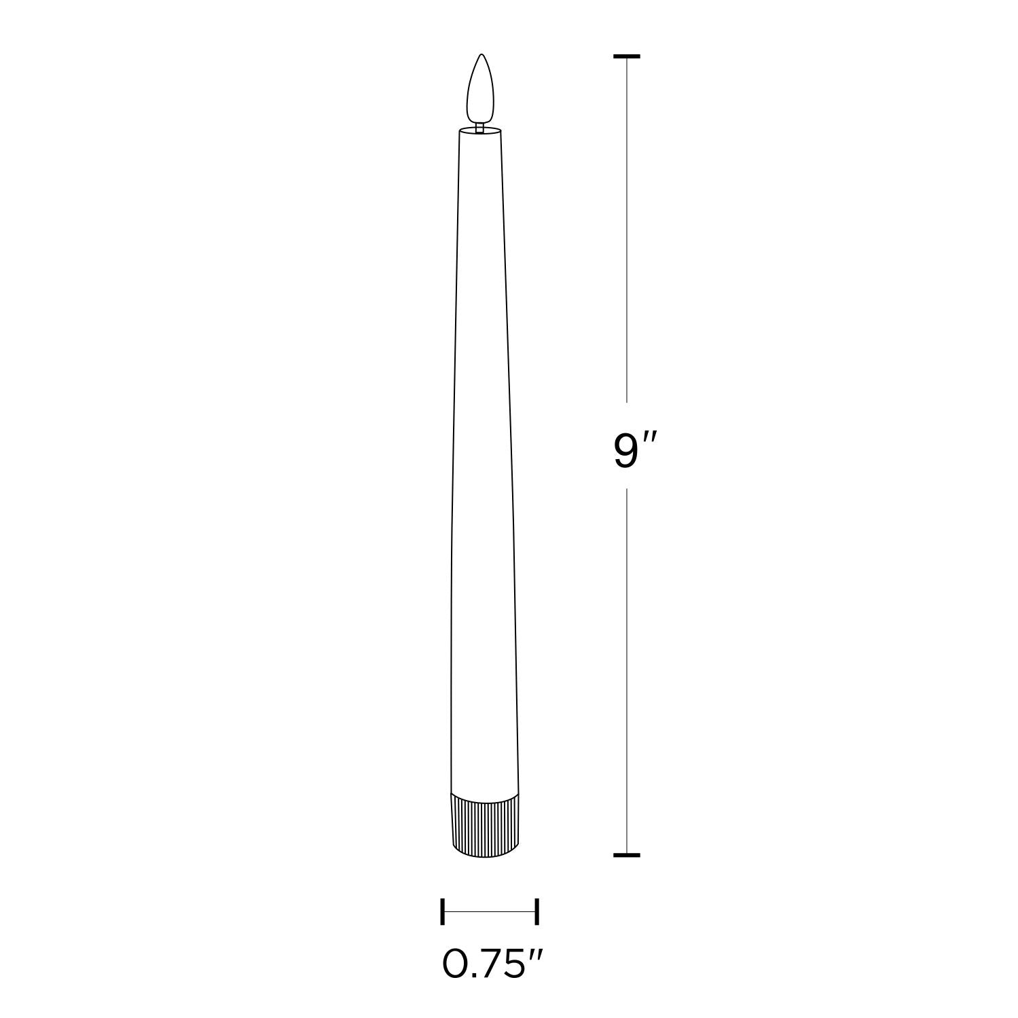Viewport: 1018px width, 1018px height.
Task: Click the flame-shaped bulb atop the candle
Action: (481, 87)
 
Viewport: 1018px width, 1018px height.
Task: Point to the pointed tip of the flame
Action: (481, 54)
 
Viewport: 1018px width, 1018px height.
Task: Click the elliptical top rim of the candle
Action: (481, 128)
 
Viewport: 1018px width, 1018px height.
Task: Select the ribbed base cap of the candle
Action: (486, 824)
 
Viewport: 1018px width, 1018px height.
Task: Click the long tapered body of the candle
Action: (483, 462)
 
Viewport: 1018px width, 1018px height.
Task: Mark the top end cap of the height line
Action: (626, 56)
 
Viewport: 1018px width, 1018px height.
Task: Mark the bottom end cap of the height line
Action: (626, 855)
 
